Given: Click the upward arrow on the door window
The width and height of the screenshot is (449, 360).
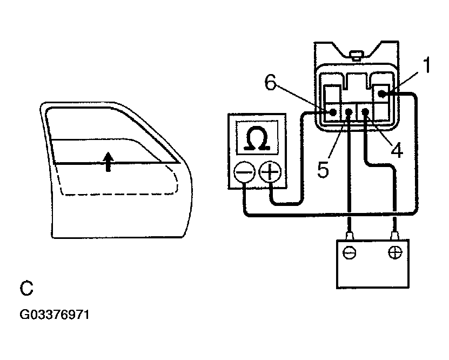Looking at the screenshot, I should tap(108, 161).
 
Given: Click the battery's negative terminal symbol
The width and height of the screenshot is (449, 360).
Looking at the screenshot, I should tap(350, 253).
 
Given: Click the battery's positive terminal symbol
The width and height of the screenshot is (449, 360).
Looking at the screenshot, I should tap(395, 252).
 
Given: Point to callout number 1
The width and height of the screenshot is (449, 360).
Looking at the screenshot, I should tap(426, 66).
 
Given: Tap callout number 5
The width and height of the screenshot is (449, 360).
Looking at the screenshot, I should tap(323, 170).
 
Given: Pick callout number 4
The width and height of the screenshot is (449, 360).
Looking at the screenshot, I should tap(397, 151).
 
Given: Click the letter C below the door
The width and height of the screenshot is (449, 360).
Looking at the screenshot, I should tap(26, 288).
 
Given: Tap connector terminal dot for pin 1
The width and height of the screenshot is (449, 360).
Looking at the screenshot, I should tap(381, 95).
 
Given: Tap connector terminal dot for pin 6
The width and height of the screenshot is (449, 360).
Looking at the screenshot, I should tap(333, 112).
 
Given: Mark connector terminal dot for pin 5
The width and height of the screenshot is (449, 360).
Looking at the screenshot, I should tap(349, 112).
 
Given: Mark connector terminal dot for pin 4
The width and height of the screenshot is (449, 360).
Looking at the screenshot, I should tap(366, 112).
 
